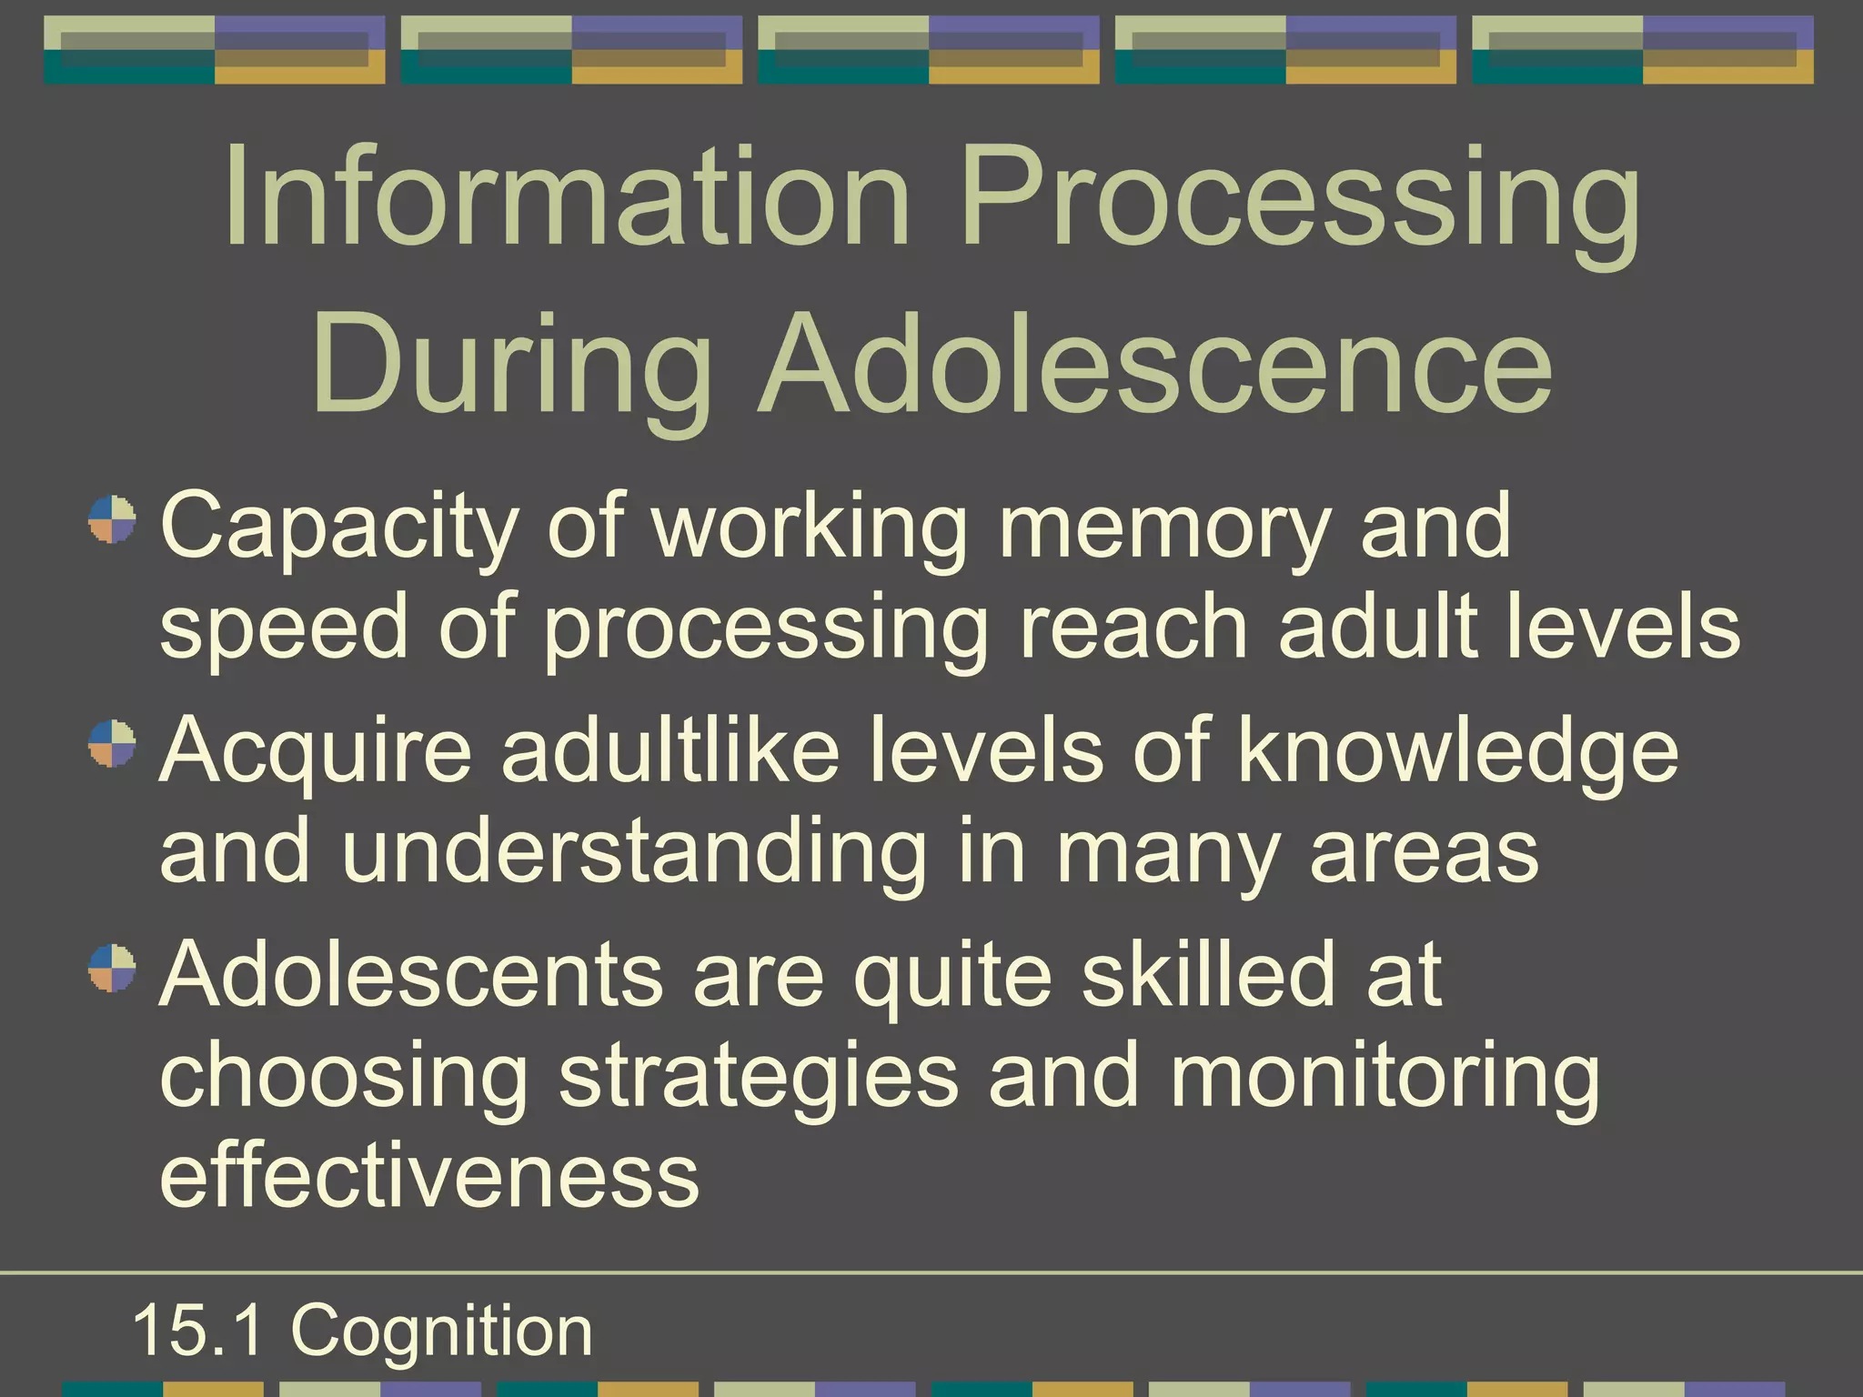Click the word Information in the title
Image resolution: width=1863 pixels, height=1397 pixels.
[566, 198]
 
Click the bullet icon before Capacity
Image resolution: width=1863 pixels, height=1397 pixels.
[112, 519]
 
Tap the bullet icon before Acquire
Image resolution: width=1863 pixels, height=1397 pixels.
[112, 743]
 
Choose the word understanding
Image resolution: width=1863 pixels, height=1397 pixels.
[634, 851]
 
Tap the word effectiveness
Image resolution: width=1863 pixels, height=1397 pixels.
[429, 1175]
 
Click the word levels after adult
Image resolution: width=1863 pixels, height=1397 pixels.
[1623, 627]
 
